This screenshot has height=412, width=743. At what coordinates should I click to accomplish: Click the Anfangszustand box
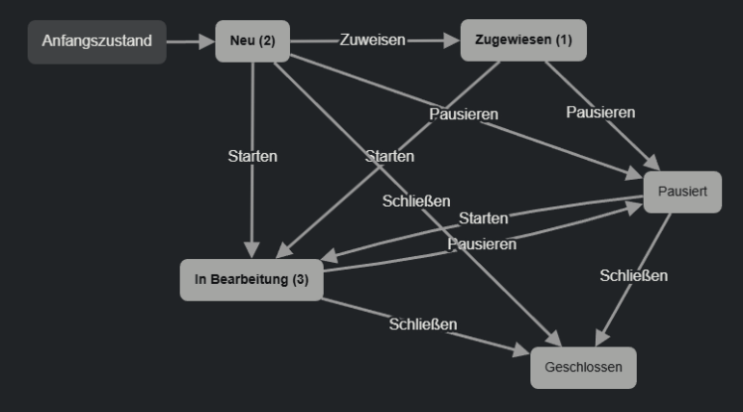coord(96,41)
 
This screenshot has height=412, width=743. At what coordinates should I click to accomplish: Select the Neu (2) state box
coord(252,41)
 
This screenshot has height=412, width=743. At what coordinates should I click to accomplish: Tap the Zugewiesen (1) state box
coord(523,40)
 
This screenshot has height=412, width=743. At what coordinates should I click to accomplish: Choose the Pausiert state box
coord(682,192)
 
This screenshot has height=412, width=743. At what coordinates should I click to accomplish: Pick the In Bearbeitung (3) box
coord(252,279)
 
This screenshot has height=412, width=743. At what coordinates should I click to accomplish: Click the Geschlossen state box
coord(583,367)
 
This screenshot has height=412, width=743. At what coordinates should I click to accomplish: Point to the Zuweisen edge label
coord(372,40)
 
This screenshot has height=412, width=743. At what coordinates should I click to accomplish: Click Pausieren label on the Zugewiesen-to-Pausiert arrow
coord(600,112)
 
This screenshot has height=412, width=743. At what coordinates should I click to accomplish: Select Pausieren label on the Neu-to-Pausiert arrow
coord(464,114)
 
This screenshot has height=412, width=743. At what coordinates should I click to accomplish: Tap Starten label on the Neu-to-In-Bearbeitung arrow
coord(252,156)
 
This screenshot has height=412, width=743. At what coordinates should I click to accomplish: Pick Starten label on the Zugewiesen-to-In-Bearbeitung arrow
coord(389,155)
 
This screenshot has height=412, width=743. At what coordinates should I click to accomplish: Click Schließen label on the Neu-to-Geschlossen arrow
coord(416,201)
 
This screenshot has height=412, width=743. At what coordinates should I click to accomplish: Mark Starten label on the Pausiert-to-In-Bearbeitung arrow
coord(483,219)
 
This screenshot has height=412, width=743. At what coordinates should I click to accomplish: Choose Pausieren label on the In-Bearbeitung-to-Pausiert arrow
coord(482,244)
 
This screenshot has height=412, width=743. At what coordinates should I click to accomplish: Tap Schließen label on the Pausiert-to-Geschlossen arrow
coord(633,275)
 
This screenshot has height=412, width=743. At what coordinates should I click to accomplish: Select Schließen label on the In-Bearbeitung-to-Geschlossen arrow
coord(422,323)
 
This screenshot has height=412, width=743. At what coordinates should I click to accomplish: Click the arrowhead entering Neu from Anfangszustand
coord(208,41)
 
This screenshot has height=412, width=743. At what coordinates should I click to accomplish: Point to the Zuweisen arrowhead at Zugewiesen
coord(454,40)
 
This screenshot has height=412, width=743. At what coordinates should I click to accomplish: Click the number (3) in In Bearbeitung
coord(300,280)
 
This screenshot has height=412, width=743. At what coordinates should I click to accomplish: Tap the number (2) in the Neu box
coord(267,41)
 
